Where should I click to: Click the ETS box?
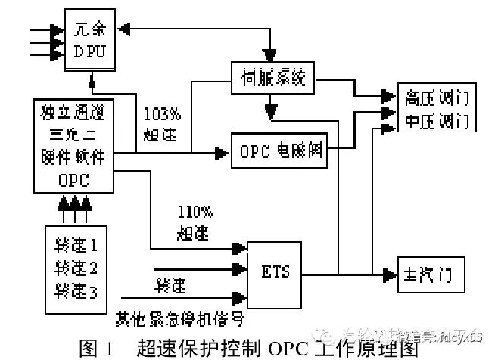(274, 271)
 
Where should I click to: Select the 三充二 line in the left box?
(73, 136)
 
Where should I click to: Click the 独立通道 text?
(73, 115)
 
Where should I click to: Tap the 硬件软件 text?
(73, 157)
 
